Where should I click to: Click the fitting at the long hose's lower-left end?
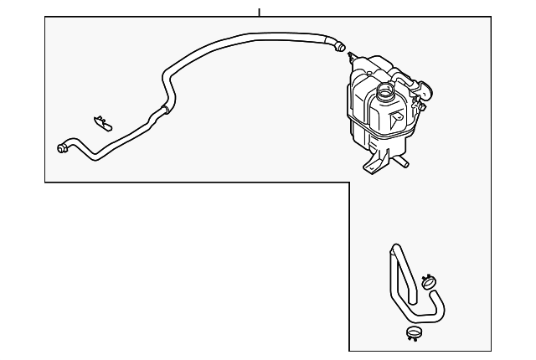[x=62, y=148]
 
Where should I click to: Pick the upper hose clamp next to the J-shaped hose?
[x=430, y=282]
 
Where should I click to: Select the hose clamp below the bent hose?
[x=412, y=336]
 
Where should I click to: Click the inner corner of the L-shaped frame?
[x=348, y=182]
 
